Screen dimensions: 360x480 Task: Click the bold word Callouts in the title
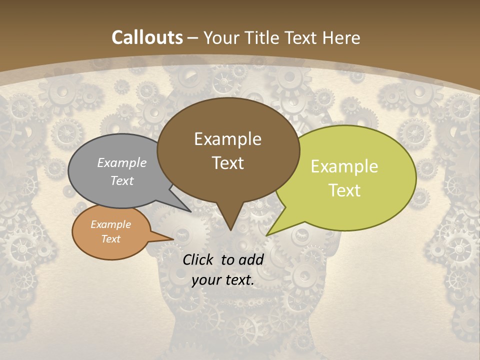point(147,37)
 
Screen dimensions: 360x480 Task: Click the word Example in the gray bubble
point(122,163)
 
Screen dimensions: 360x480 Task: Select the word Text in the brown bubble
point(228,163)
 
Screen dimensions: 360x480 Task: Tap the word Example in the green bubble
point(344,167)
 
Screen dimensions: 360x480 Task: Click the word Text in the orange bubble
point(111,239)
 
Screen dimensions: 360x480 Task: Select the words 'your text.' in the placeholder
point(223,280)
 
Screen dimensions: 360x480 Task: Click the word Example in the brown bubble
point(228,139)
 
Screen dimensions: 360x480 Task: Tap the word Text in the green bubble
point(344,190)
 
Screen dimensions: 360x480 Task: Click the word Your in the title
point(222,37)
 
